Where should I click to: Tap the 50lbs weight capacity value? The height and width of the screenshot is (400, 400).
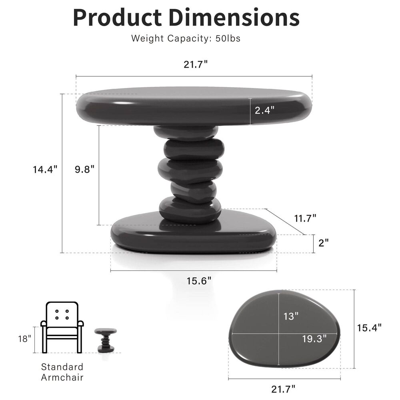click(228, 38)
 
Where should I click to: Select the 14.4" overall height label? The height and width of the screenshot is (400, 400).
click(45, 169)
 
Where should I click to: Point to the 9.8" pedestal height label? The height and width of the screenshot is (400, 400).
click(84, 169)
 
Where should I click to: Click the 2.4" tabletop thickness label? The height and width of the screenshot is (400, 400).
click(264, 110)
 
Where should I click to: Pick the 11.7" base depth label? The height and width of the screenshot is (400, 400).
click(305, 218)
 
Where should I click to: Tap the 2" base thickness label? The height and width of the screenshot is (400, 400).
click(324, 243)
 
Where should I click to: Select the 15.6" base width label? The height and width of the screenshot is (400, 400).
click(199, 281)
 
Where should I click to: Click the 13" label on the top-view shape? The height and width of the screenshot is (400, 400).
click(291, 316)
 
